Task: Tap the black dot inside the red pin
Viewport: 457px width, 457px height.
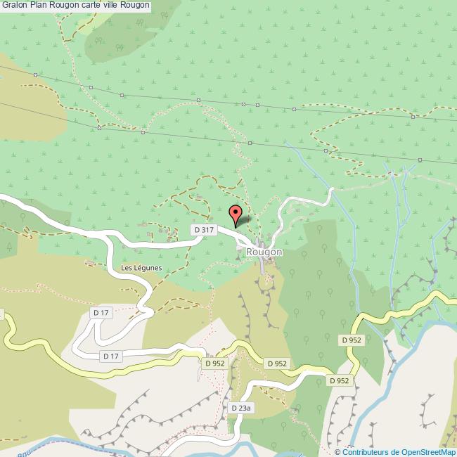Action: [236, 210]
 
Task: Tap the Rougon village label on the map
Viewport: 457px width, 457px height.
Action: [264, 252]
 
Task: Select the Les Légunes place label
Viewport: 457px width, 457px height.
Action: [141, 268]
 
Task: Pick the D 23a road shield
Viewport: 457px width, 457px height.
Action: [241, 408]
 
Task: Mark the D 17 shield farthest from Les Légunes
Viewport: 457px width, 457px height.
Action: [111, 356]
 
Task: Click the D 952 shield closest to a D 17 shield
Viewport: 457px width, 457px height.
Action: [214, 363]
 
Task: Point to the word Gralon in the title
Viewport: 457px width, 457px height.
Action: [15, 6]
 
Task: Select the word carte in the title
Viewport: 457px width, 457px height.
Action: [91, 6]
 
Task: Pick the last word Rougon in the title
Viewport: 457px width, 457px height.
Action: [135, 6]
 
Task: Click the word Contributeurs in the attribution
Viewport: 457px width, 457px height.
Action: [367, 452]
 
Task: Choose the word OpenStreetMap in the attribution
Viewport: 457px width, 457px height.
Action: [429, 452]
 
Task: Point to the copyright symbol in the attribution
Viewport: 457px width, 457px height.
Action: [338, 452]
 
